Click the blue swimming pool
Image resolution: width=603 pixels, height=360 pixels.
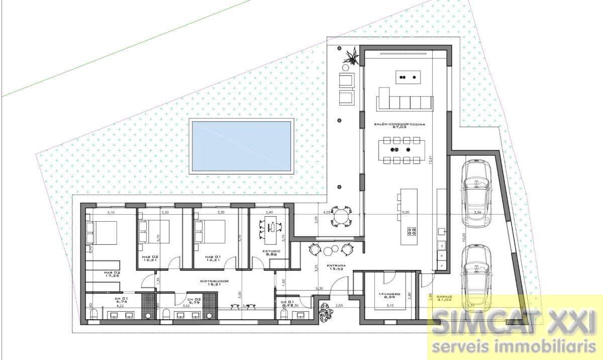[242, 146]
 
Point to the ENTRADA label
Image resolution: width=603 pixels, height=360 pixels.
[336, 267]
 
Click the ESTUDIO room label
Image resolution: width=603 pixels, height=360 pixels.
[271, 253]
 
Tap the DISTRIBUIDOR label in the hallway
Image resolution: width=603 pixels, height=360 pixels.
[215, 283]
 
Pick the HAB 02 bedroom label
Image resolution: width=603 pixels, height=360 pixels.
[150, 259]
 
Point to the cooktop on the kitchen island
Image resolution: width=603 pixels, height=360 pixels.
[412, 231]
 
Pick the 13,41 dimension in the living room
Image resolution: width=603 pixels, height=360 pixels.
[430, 160]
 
